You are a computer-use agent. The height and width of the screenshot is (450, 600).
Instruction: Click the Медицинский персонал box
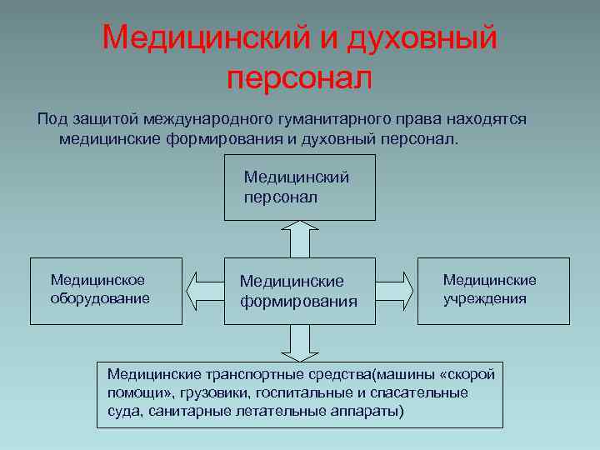tap(299, 191)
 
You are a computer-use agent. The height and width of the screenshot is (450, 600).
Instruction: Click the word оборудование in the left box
tap(100, 297)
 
